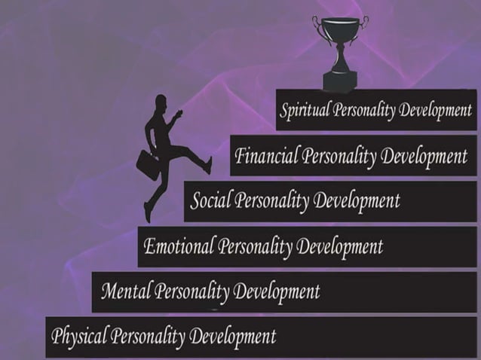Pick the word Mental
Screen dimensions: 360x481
pos(125,290)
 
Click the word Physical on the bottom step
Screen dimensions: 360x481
pos(78,335)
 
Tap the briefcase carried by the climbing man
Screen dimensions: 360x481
pos(148,163)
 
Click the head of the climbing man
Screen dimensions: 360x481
pos(161,102)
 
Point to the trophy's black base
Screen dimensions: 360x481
pos(341,78)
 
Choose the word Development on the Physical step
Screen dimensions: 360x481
pos(233,335)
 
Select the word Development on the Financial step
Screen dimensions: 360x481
pos(424,157)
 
